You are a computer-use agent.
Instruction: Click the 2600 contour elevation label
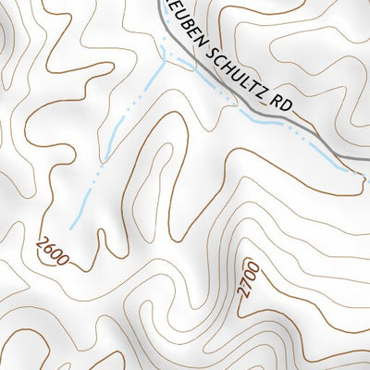tap(53, 251)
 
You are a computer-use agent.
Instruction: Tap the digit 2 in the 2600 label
tap(42, 242)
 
